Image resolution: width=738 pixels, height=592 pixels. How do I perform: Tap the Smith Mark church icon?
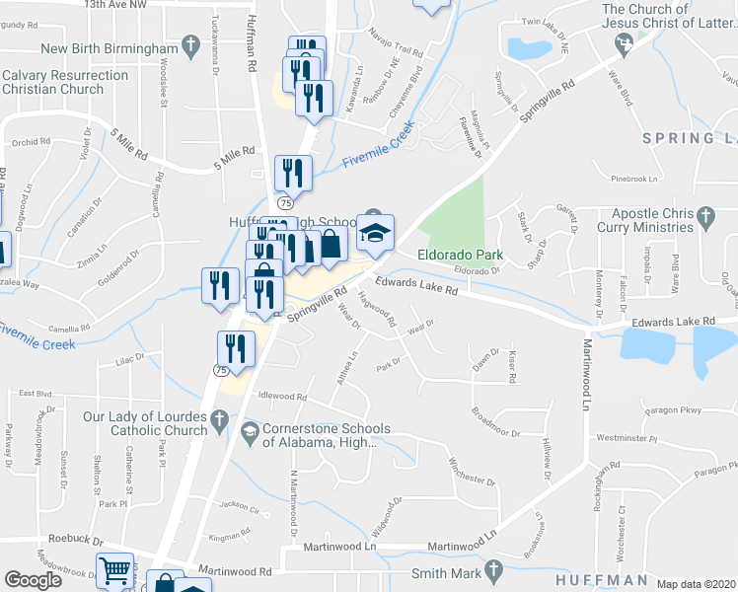click(498, 571)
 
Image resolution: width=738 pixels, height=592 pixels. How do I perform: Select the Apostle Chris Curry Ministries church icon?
click(704, 214)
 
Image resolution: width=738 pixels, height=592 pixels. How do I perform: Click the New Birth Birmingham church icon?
click(188, 47)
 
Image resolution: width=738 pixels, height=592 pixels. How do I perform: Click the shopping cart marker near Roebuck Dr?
click(114, 570)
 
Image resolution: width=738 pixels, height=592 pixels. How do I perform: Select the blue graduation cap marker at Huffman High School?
click(375, 233)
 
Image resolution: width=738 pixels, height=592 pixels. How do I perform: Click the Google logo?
click(34, 581)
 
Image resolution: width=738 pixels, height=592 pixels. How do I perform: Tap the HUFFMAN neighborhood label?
click(600, 580)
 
